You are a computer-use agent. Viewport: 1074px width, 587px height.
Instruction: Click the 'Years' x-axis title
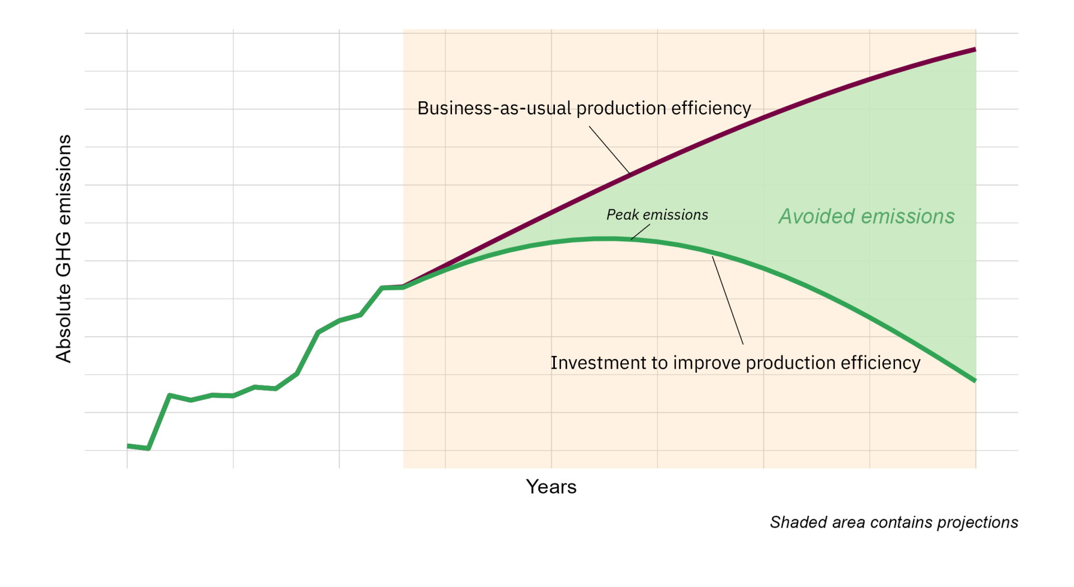pyautogui.click(x=551, y=487)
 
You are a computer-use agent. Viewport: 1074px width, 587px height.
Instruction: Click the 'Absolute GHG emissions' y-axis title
pyautogui.click(x=64, y=248)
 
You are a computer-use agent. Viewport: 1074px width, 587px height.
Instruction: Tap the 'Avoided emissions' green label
pyautogui.click(x=866, y=217)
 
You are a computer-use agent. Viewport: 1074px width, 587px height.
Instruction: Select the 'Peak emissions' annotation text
pyautogui.click(x=657, y=215)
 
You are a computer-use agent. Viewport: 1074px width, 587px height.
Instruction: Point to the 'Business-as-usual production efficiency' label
pyautogui.click(x=584, y=108)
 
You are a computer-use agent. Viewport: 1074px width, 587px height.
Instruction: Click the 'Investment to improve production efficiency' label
pyautogui.click(x=735, y=363)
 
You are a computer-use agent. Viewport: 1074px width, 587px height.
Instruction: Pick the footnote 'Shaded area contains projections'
pyautogui.click(x=893, y=522)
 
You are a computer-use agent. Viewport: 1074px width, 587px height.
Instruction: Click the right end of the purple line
pyautogui.click(x=975, y=50)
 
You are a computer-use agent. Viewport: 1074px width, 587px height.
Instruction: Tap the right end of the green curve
pyautogui.click(x=975, y=381)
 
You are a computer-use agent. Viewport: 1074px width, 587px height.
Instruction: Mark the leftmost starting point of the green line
pyautogui.click(x=128, y=446)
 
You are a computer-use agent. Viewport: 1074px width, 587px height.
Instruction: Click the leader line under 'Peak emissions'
pyautogui.click(x=640, y=232)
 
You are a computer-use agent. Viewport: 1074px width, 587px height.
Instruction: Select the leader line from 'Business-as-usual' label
pyautogui.click(x=609, y=150)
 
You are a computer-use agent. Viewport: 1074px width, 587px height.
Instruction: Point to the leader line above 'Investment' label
pyautogui.click(x=728, y=300)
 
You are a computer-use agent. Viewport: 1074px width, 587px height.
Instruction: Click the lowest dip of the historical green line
pyautogui.click(x=148, y=448)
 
